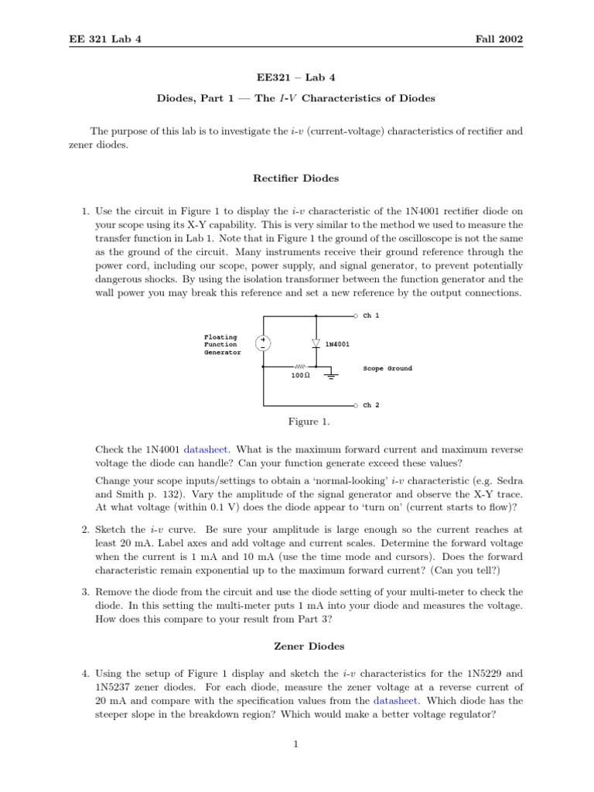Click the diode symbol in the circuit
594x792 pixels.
(x=316, y=343)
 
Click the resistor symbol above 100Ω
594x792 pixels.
(x=300, y=367)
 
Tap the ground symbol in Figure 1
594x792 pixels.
(x=332, y=377)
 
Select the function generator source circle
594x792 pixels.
(x=264, y=343)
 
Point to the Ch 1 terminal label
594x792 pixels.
(x=371, y=316)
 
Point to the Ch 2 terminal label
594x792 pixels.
(x=371, y=405)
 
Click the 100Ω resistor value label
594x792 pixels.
(x=300, y=375)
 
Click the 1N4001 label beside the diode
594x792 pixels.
(x=337, y=343)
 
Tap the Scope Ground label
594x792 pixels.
(x=387, y=369)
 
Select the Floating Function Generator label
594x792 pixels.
(x=221, y=344)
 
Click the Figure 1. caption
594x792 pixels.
(x=302, y=422)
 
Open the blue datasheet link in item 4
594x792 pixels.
(x=395, y=700)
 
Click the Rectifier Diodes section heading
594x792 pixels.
(x=296, y=179)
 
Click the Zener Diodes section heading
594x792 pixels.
(x=296, y=646)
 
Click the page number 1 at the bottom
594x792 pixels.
(x=296, y=744)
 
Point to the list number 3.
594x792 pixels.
(x=85, y=592)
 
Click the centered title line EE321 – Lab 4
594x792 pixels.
(x=296, y=78)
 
